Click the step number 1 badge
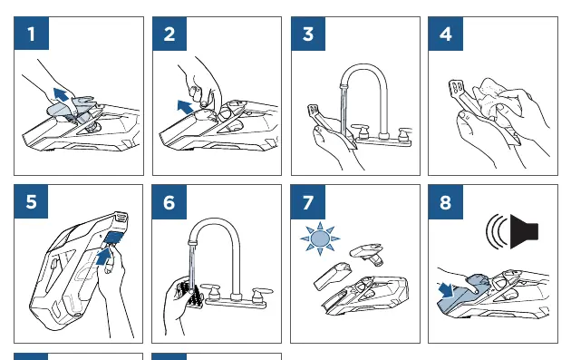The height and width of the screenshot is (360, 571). [32, 34]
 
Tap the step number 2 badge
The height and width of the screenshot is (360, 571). [169, 34]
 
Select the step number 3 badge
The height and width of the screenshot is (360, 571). [308, 34]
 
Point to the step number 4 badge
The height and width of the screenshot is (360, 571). [446, 34]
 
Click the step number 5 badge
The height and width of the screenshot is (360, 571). [32, 201]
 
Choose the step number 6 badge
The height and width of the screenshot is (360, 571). [169, 202]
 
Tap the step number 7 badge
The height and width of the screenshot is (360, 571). [308, 202]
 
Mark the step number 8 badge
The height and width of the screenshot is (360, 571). [446, 202]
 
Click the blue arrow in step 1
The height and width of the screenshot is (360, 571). [61, 94]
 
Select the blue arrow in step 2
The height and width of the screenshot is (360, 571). [185, 107]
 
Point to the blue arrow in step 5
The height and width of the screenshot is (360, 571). [103, 257]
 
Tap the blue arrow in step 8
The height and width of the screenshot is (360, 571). [446, 289]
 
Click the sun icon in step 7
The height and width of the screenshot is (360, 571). [320, 239]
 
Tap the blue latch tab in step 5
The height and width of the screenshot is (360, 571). [113, 238]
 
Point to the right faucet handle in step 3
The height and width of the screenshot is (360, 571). [404, 133]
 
